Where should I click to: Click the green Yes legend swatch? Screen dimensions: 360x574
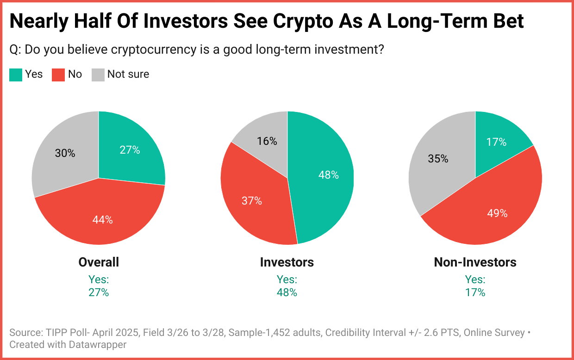16,75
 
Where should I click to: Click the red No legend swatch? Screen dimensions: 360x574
58,75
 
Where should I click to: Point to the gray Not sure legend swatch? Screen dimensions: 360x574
98,75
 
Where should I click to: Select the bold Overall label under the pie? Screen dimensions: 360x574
99,262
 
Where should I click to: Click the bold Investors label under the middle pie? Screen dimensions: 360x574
287,262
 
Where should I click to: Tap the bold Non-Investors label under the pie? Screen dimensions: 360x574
475,262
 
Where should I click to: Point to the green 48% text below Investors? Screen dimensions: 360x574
287,292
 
